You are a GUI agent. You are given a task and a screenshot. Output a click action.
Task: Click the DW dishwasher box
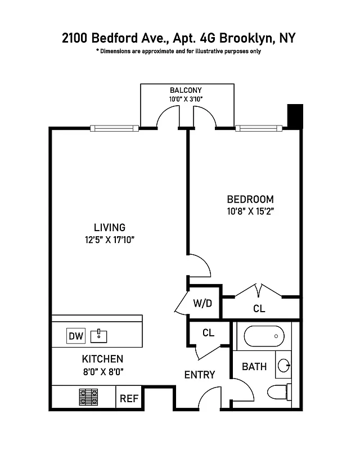coord(76,336)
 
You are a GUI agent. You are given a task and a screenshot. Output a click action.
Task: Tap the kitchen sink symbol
coord(98,336)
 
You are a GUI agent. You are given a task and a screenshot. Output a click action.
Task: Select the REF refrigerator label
coord(129,398)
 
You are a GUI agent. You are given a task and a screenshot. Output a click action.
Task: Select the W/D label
coord(202,304)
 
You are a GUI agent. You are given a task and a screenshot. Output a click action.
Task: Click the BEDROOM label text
coord(250,199)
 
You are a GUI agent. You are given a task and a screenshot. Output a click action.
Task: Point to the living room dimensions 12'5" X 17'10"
coord(109,240)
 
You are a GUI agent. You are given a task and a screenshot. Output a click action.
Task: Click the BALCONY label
coord(185,90)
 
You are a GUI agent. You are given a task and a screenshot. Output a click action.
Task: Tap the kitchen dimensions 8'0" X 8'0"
coord(102,371)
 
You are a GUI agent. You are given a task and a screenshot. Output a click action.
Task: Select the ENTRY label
coord(200,375)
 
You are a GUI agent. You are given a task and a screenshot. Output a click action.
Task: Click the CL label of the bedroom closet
coord(259,309)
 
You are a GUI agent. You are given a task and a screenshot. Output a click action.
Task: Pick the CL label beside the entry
coord(208,332)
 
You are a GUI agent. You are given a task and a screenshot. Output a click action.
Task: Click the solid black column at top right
coord(295,116)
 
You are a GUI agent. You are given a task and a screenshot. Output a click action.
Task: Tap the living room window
coord(114,128)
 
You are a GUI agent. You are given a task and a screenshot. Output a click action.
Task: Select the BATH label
coord(254,367)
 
